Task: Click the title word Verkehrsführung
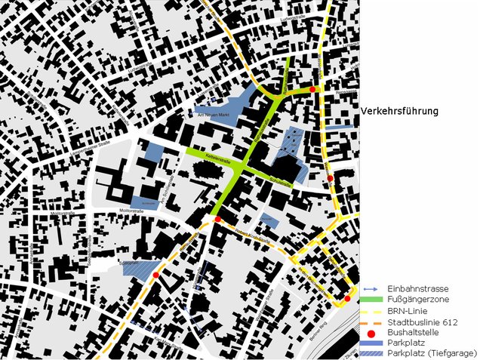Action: click(x=399, y=111)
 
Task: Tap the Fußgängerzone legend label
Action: click(x=417, y=300)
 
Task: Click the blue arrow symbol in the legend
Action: click(x=371, y=289)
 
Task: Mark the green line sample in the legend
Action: click(x=371, y=300)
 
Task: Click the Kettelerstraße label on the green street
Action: click(x=216, y=161)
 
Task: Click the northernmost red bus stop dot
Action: click(x=312, y=89)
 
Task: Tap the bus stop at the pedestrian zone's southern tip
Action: click(x=217, y=219)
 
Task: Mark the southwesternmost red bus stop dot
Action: click(x=156, y=275)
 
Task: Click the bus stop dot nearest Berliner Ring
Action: click(x=346, y=299)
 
